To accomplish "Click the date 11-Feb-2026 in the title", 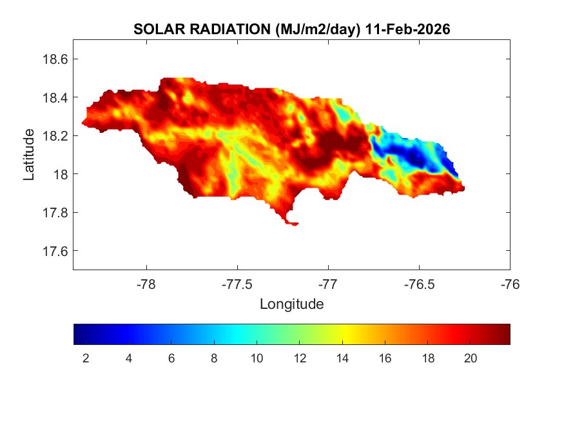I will pos(407,30).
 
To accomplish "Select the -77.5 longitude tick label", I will pos(237,284).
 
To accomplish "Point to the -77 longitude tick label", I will pos(328,284).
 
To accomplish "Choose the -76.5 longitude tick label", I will pos(419,284).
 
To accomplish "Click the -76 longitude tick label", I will pos(510,284).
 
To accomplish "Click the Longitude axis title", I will pos(291,304).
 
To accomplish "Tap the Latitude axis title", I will pos(29,155).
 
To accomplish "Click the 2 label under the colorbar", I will pos(86,359).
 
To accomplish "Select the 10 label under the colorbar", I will pos(257,359).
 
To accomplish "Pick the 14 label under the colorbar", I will pos(342,359).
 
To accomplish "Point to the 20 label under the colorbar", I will pos(470,359).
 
